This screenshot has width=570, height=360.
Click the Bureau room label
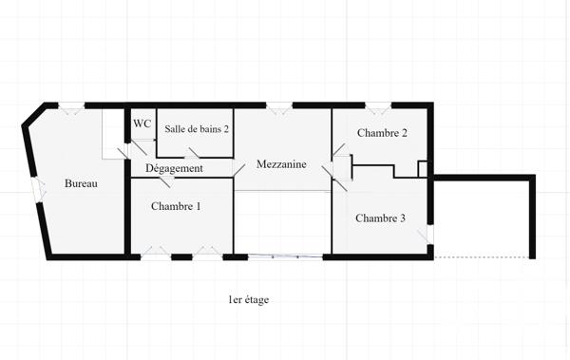coord(81,183)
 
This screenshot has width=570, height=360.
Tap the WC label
coord(142,123)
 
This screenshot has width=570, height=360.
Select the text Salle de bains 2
coord(197,128)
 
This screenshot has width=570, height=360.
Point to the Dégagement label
coord(174,168)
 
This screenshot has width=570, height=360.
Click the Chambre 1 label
coord(176,206)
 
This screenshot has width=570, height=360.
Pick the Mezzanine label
coord(281,164)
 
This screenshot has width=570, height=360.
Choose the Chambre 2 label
coord(382,133)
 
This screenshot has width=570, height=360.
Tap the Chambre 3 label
coord(380,218)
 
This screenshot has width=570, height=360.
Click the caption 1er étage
coord(249,300)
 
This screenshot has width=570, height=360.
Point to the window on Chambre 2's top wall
coord(377,106)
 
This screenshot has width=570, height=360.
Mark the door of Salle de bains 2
coord(196,154)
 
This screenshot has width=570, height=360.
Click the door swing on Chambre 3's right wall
coord(429,234)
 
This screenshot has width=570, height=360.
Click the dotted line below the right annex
coord(482,256)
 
